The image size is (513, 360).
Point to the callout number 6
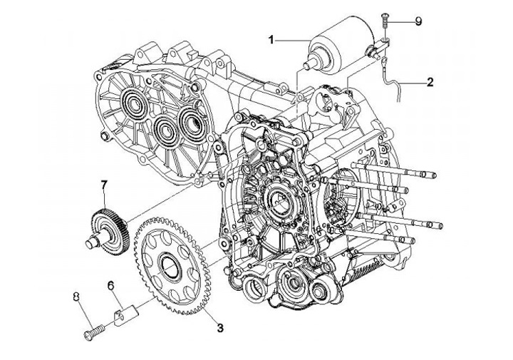111,286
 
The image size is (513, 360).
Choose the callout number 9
418,21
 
